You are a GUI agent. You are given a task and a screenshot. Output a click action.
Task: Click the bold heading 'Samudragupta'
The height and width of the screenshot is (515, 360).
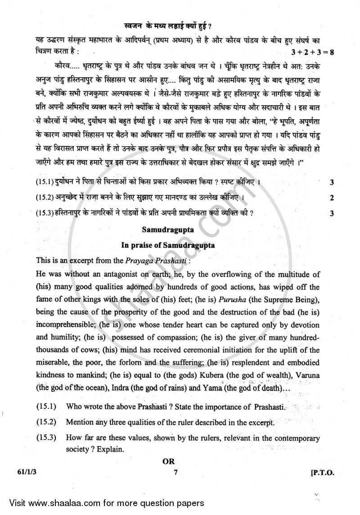pos(168,229)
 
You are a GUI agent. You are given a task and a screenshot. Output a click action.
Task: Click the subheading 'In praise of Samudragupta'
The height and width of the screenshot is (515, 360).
pos(167,246)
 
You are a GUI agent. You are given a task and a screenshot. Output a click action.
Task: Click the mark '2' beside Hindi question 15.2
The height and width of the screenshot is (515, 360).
pos(332,198)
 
